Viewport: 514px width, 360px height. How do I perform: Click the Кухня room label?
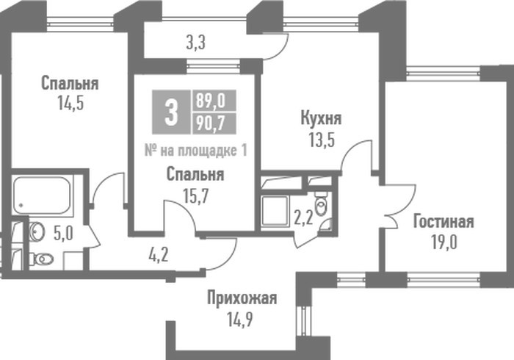coord(321,118)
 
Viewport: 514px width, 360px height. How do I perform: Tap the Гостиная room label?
coord(444,221)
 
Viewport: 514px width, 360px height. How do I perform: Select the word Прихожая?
coord(242,298)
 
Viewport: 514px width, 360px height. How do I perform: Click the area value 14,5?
coord(70,103)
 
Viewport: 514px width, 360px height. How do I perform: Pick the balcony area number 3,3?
coord(196,43)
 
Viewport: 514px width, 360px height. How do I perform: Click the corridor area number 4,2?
coord(159,255)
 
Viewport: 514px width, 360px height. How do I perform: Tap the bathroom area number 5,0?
coord(63,234)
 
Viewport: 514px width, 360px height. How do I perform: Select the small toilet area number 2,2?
coord(303,218)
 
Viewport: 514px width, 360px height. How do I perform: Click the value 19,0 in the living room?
coord(444,242)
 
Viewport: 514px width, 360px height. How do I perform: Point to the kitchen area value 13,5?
coord(322,140)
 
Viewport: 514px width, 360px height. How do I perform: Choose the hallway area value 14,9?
coord(240,320)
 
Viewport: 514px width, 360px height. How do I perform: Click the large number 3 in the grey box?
coord(171,112)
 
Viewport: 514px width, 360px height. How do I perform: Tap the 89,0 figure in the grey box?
coord(211,101)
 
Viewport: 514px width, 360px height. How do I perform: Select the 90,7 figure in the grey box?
coord(210,123)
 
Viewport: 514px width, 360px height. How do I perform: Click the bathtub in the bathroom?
coord(42,195)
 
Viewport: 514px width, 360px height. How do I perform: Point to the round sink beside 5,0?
coord(36,231)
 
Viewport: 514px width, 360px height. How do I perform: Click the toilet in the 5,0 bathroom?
coord(42,259)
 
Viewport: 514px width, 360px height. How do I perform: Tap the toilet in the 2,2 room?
coord(321,204)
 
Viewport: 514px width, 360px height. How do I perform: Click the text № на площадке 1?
coord(196,151)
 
